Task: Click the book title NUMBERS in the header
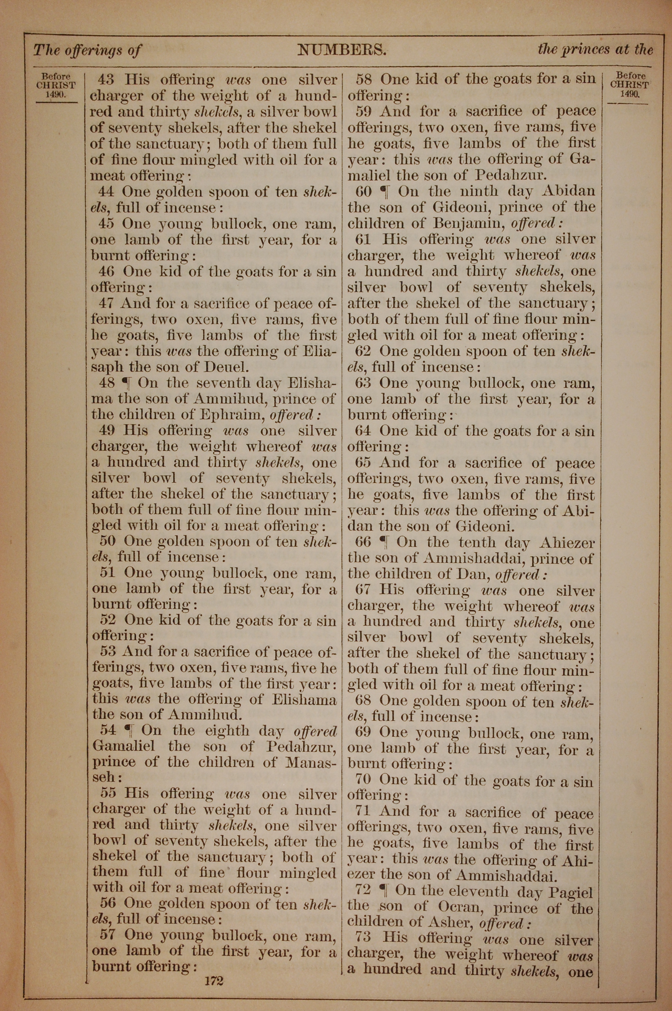(342, 50)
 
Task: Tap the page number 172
(214, 969)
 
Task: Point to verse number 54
(109, 730)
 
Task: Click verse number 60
(364, 191)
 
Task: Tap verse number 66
(363, 542)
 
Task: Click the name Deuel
(225, 367)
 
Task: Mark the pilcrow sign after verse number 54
(127, 730)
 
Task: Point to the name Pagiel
(571, 891)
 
